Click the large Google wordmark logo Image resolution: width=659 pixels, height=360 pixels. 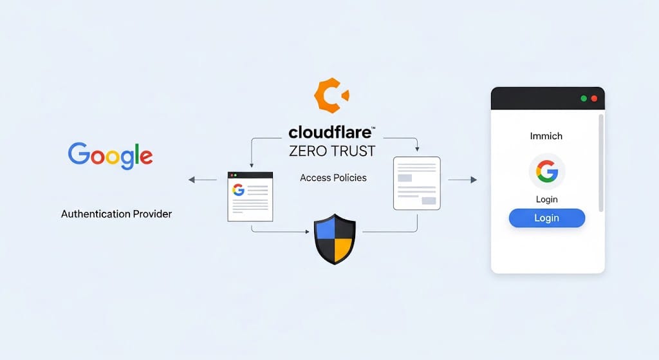tap(110, 155)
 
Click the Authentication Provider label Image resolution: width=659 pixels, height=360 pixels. tap(116, 213)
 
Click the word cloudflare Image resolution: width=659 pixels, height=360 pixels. tap(330, 133)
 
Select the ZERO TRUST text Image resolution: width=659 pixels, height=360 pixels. tap(332, 152)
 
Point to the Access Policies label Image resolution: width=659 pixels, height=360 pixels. tap(333, 177)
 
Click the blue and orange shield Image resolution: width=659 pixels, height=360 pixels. tap(335, 240)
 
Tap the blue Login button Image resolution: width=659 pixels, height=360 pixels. tap(546, 218)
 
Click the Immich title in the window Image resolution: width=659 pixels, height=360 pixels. tap(546, 136)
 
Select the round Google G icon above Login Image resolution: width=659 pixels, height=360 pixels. tap(546, 171)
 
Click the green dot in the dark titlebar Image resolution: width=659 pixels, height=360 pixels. tap(584, 99)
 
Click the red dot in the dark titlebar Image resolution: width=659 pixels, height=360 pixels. tap(594, 99)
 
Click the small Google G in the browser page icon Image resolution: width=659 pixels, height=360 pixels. tap(239, 190)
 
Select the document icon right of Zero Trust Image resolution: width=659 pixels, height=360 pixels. tap(416, 184)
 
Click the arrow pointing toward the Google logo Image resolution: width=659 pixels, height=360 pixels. tap(192, 180)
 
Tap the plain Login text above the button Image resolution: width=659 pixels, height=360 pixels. tap(546, 199)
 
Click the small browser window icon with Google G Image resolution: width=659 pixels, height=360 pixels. tap(250, 196)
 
